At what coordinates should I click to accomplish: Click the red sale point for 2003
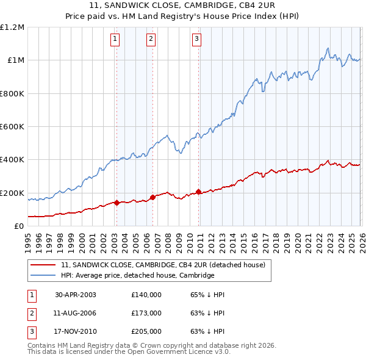tap(117, 203)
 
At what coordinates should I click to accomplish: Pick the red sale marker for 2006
tap(152, 198)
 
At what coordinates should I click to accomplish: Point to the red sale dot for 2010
tap(199, 192)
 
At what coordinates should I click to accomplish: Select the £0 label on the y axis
tap(18, 226)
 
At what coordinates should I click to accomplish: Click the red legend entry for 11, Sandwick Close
tap(163, 265)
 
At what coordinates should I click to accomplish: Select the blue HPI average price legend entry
tap(137, 276)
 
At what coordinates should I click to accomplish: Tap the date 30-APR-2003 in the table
tap(76, 295)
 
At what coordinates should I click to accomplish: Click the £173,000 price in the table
tap(146, 313)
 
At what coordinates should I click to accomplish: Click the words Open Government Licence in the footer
tap(178, 352)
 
